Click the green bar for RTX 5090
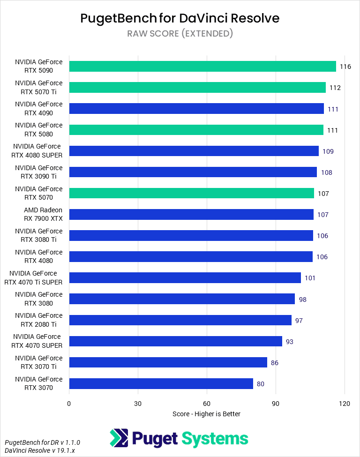(202, 66)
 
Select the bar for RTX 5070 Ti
(197, 88)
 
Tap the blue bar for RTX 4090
(196, 109)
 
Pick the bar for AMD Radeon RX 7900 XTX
(191, 215)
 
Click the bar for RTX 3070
(161, 384)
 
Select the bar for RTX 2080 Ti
(180, 320)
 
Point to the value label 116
(345, 67)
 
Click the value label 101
(310, 278)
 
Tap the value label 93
(289, 342)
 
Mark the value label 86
(274, 363)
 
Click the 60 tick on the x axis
(207, 404)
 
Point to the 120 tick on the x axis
(345, 404)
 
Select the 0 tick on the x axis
(69, 404)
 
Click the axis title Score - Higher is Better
(206, 414)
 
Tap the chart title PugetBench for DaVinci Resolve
(180, 18)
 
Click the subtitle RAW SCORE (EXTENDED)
(180, 34)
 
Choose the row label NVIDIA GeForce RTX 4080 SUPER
(38, 151)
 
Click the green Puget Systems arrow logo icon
(120, 438)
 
